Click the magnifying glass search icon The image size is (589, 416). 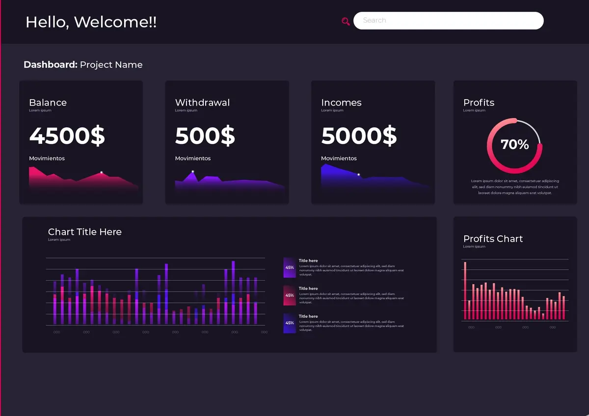[x=346, y=21]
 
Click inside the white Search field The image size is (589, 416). [x=448, y=21]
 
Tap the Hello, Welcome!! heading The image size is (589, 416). [x=91, y=22]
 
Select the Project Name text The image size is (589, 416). [x=111, y=65]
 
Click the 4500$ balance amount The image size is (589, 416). [x=67, y=136]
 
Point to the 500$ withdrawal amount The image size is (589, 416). [x=205, y=136]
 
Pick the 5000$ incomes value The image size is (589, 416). [x=358, y=136]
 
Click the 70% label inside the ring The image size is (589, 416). [x=514, y=144]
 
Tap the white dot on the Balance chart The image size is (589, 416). [x=102, y=172]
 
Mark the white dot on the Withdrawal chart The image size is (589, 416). [x=193, y=171]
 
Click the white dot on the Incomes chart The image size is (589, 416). [x=358, y=175]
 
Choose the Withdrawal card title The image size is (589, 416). [x=202, y=103]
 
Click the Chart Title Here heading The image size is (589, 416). [x=84, y=232]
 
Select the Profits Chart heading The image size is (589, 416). [x=493, y=239]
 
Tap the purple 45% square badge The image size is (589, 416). [x=290, y=268]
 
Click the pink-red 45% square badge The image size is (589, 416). [x=290, y=296]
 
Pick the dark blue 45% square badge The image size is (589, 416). [x=290, y=323]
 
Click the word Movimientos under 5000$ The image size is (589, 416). [x=339, y=159]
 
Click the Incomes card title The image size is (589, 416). [x=341, y=103]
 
